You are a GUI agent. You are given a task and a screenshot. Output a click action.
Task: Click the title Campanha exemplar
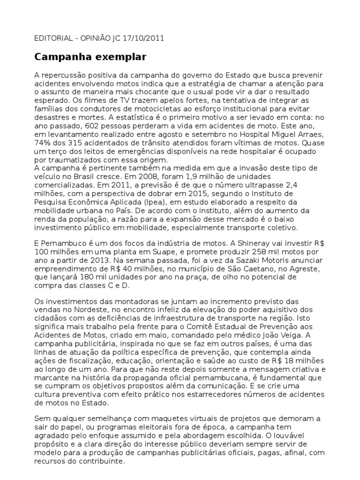(90, 58)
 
